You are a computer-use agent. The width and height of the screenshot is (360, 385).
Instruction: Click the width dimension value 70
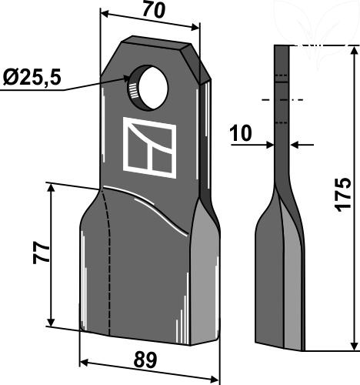click(154, 11)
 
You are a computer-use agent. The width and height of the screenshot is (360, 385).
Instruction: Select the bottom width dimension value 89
click(145, 360)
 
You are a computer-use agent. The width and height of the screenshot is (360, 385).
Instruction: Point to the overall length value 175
click(343, 194)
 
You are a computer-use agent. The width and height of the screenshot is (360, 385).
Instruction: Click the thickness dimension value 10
click(241, 133)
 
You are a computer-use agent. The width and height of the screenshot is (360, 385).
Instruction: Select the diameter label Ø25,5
click(32, 78)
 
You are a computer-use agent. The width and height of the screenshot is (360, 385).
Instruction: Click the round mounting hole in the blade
click(147, 88)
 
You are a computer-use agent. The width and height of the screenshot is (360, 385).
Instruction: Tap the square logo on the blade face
click(150, 148)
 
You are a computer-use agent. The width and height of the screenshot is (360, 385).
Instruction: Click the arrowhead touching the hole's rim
click(128, 79)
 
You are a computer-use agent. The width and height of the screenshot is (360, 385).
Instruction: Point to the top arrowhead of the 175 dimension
click(355, 51)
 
